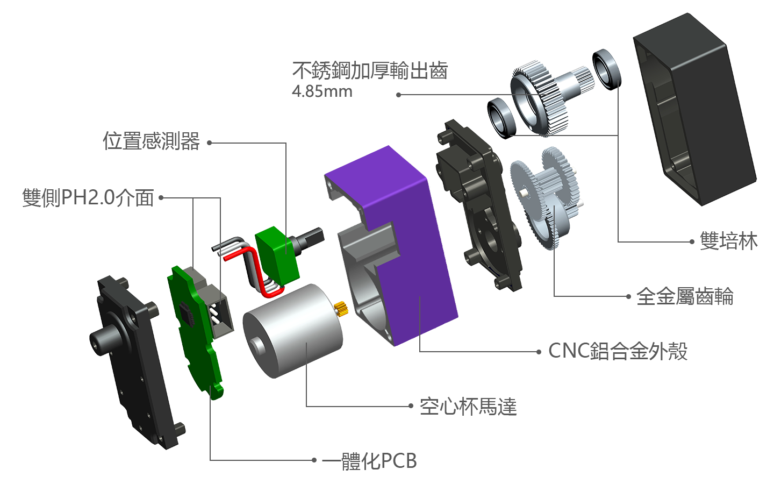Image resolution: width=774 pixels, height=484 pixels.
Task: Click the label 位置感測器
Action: click(152, 141)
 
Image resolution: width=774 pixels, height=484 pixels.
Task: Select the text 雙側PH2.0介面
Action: click(88, 198)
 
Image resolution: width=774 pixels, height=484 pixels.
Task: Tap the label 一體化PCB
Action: click(369, 461)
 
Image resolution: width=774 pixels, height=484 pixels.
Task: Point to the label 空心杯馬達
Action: click(468, 407)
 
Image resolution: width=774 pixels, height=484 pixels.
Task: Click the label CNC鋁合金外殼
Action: click(618, 352)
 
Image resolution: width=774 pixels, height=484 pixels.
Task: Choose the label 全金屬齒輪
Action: click(685, 296)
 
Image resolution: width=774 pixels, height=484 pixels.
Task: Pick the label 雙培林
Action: click(729, 241)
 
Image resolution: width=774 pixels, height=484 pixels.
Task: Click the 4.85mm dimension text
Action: click(322, 91)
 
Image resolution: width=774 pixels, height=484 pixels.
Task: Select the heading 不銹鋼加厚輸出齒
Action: click(370, 70)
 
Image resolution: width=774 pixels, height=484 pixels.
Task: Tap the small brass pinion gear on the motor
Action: click(341, 308)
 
